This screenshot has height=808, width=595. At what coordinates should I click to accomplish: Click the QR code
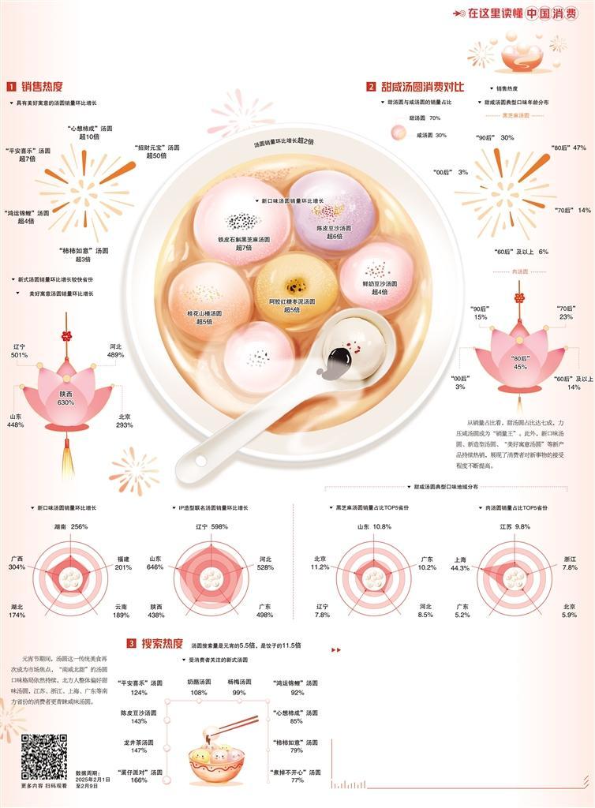click(43, 756)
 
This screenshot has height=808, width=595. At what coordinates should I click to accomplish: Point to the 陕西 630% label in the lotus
click(66, 398)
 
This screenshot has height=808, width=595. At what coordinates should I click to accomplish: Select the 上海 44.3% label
click(459, 563)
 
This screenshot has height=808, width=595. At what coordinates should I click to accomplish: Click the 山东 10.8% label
click(374, 526)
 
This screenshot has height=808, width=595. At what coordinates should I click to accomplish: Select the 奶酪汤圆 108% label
click(199, 686)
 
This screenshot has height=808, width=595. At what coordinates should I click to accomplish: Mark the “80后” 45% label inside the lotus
click(519, 362)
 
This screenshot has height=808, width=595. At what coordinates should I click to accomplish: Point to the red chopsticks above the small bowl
click(241, 724)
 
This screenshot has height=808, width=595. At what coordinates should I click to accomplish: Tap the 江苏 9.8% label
click(514, 526)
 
